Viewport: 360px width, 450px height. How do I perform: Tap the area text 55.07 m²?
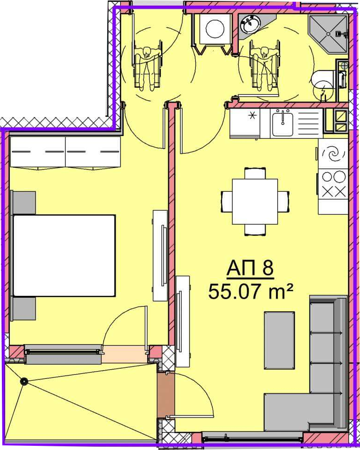coord(250,291)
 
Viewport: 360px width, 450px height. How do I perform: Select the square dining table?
coord(255,202)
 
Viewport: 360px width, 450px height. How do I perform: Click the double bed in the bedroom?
coord(64,256)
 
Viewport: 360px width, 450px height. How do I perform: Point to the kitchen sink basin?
coord(283,124)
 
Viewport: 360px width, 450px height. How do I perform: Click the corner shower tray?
coord(328,34)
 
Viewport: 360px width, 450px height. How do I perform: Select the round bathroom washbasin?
coord(251,25)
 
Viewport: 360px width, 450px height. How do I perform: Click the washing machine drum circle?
coord(216,28)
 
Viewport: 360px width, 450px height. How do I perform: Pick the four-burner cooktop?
coord(334,184)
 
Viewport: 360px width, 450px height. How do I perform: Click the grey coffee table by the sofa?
coord(279,340)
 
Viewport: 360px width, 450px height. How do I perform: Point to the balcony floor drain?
coord(24,381)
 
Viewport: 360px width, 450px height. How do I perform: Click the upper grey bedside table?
coord(24,202)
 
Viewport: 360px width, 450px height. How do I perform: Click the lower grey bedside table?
coord(24,308)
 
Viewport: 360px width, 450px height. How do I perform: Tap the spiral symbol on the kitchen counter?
coord(334,154)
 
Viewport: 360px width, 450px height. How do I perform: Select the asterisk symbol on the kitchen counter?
coord(253,116)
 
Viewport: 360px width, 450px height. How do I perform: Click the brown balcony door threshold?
coord(166,395)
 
